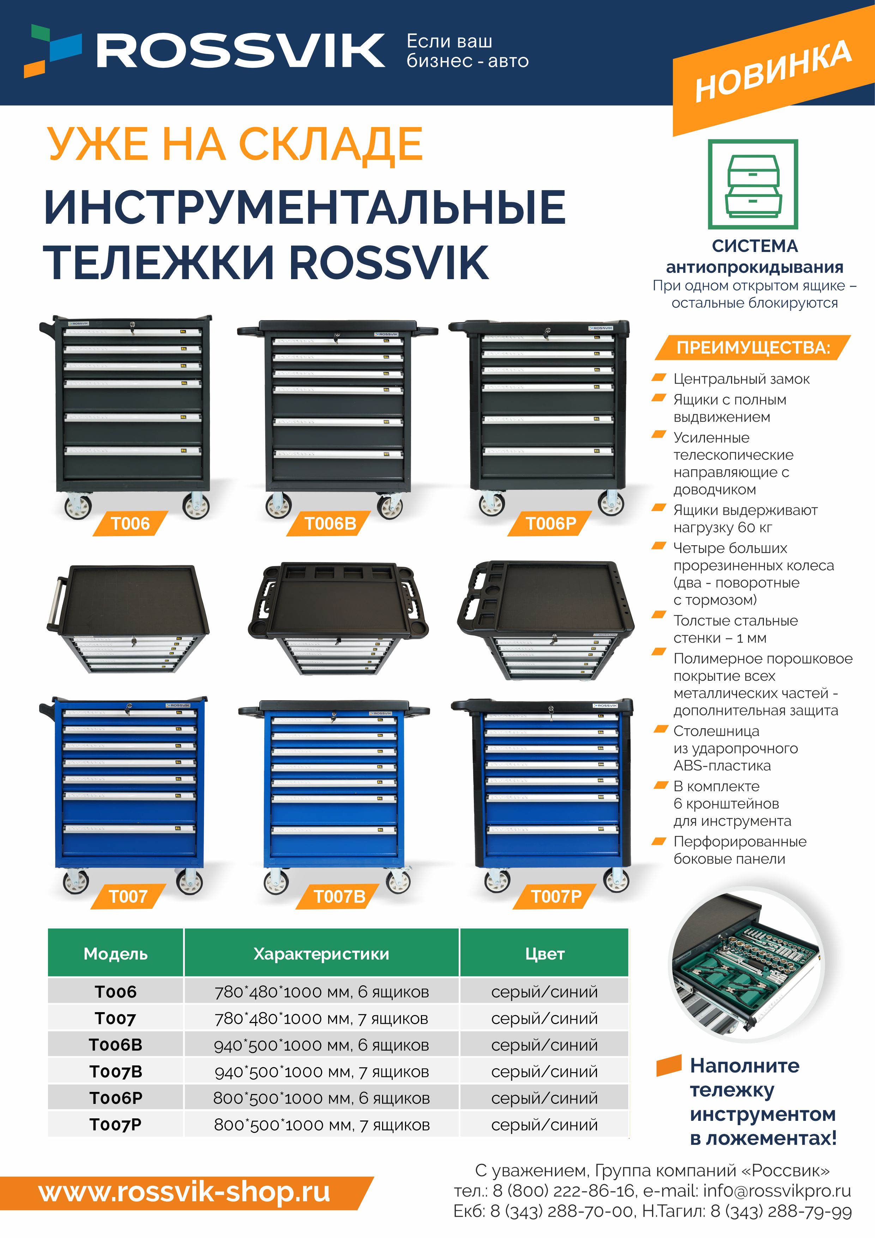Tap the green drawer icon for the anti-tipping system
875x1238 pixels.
point(753,185)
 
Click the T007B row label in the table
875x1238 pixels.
point(116,1071)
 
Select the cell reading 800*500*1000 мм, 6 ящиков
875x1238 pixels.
point(321,1098)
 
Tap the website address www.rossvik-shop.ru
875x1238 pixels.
point(185,1193)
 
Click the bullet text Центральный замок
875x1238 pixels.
point(741,379)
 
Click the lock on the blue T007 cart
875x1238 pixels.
point(129,707)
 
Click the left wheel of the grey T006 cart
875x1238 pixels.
point(78,507)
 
